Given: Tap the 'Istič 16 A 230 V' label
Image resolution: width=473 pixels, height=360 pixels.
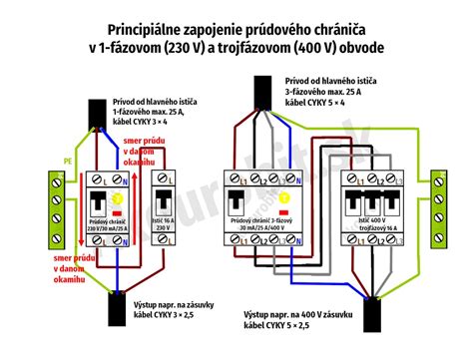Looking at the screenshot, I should click(161, 221).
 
